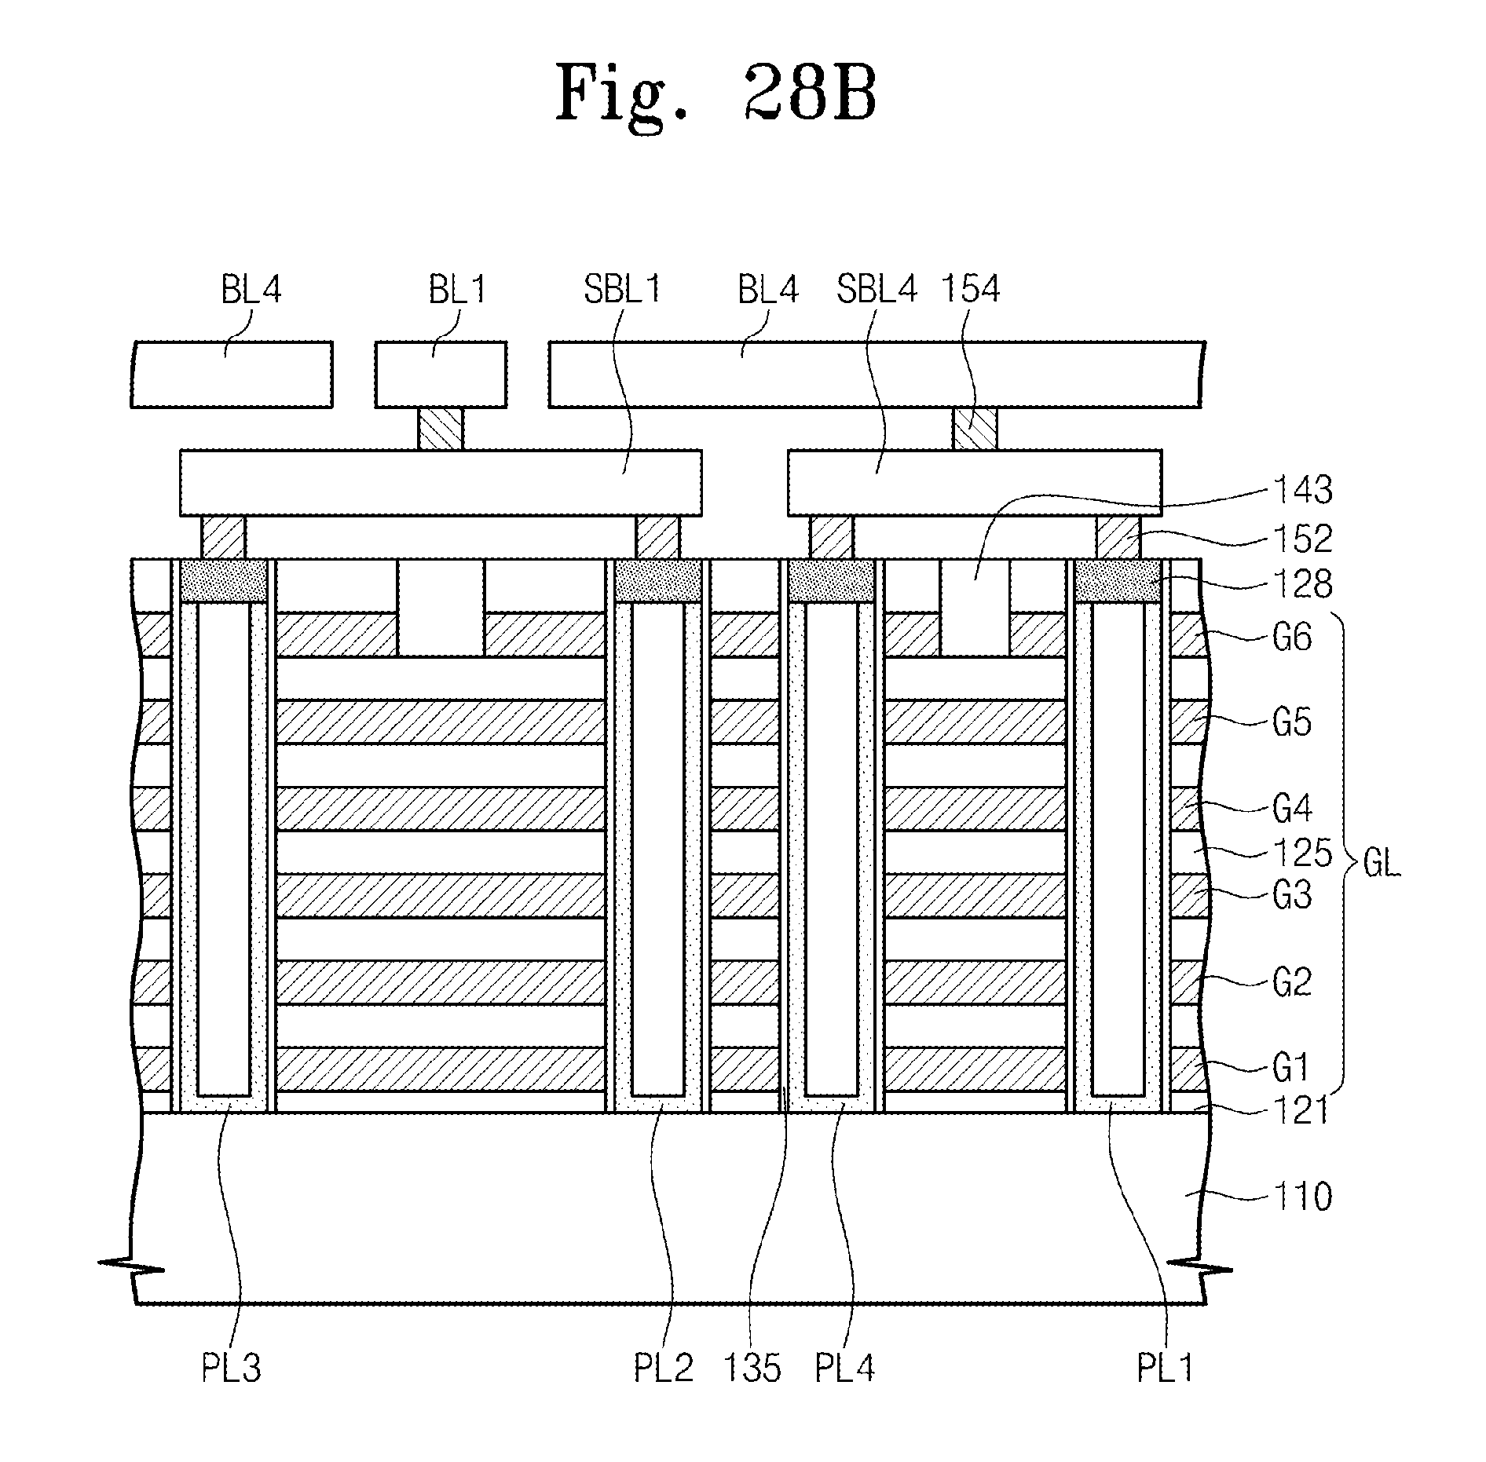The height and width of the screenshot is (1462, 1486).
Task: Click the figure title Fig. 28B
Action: (716, 94)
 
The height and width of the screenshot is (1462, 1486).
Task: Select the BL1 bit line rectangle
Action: (441, 375)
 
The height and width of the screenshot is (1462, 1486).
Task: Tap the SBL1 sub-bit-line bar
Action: (440, 483)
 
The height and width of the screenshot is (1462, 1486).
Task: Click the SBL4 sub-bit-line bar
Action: (974, 483)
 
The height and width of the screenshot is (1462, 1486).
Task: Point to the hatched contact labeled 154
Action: (975, 429)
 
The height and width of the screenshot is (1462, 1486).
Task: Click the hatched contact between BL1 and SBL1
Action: (440, 429)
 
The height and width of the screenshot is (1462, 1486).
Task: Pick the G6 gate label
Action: (1292, 638)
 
